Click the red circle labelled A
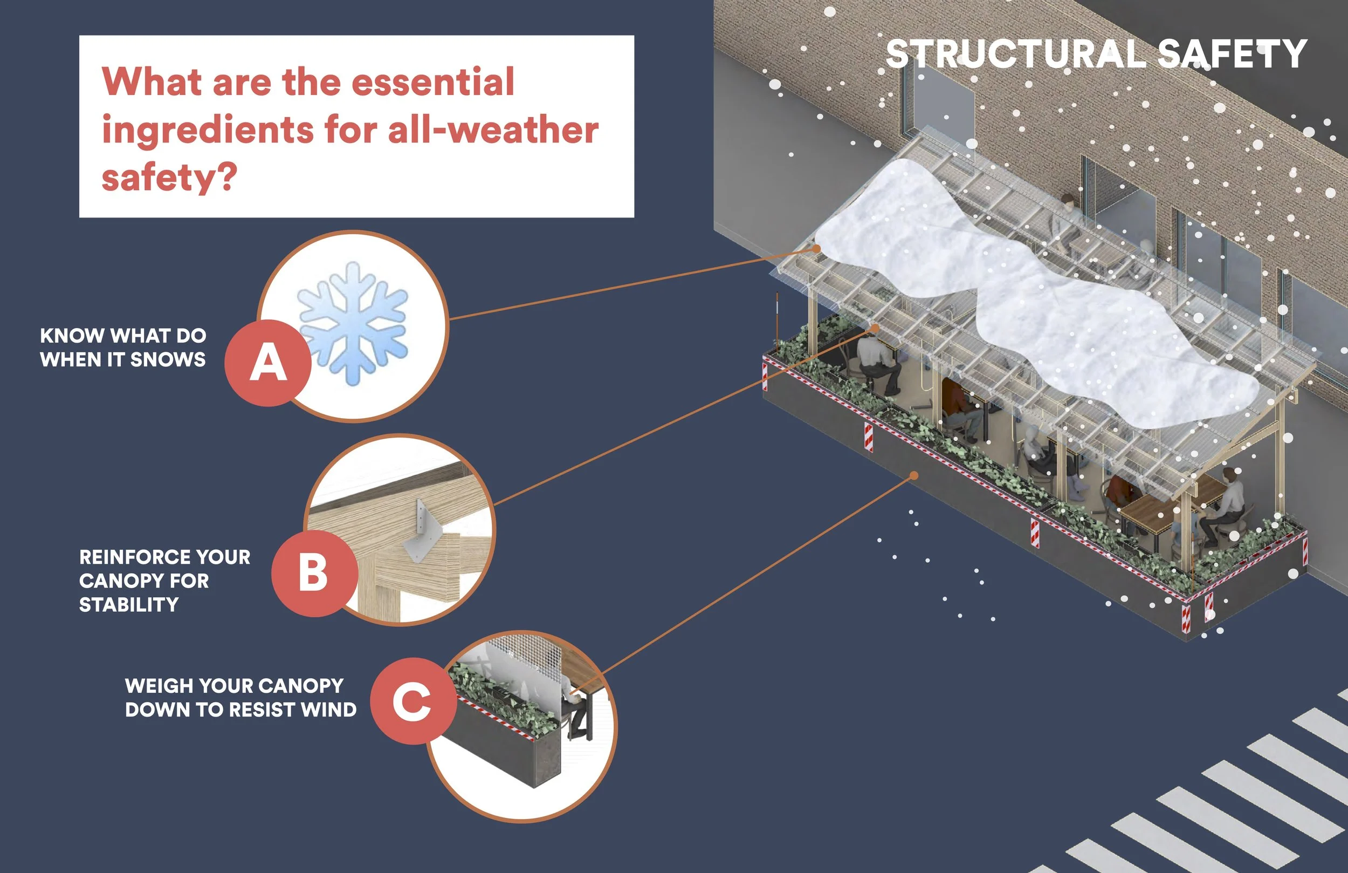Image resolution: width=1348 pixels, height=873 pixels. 268,363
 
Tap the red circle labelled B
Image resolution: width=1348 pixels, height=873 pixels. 314,573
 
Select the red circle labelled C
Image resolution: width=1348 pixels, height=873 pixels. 414,701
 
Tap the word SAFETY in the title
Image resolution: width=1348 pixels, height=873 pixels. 1232,54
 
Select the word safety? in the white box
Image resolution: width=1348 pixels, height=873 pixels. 169,177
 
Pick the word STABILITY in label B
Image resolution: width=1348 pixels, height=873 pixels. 128,605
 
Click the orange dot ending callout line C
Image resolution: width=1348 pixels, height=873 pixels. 913,475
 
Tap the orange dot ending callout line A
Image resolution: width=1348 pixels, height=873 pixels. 816,248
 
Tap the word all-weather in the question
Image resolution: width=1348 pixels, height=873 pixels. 493,131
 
